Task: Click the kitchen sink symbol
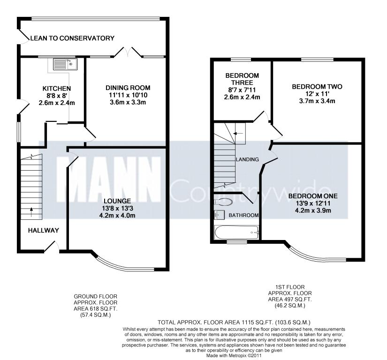65,64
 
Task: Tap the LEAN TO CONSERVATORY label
72,38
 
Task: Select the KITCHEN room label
57,89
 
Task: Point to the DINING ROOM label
128,88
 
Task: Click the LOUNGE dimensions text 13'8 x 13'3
117,209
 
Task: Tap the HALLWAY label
44,231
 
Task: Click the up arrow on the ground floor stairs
31,212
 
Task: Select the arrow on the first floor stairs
238,134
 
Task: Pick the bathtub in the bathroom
236,232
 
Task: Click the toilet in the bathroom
223,202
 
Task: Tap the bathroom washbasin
219,215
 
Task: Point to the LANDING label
247,159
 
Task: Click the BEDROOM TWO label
317,87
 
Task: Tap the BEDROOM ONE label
313,196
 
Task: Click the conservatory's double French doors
128,52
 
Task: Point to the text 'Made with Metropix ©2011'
234,356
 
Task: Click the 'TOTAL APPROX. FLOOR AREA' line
234,322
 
